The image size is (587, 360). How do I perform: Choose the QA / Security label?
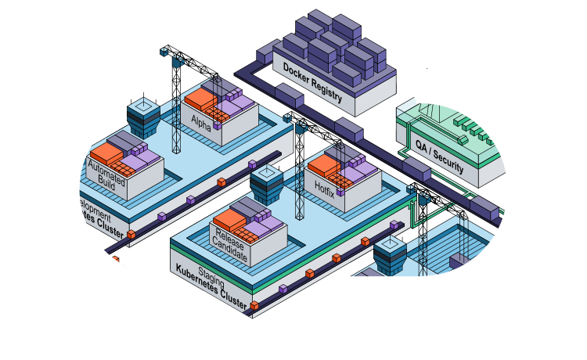[438, 155]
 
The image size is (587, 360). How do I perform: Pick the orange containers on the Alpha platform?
[200, 101]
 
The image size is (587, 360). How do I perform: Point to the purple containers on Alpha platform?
[232, 103]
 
